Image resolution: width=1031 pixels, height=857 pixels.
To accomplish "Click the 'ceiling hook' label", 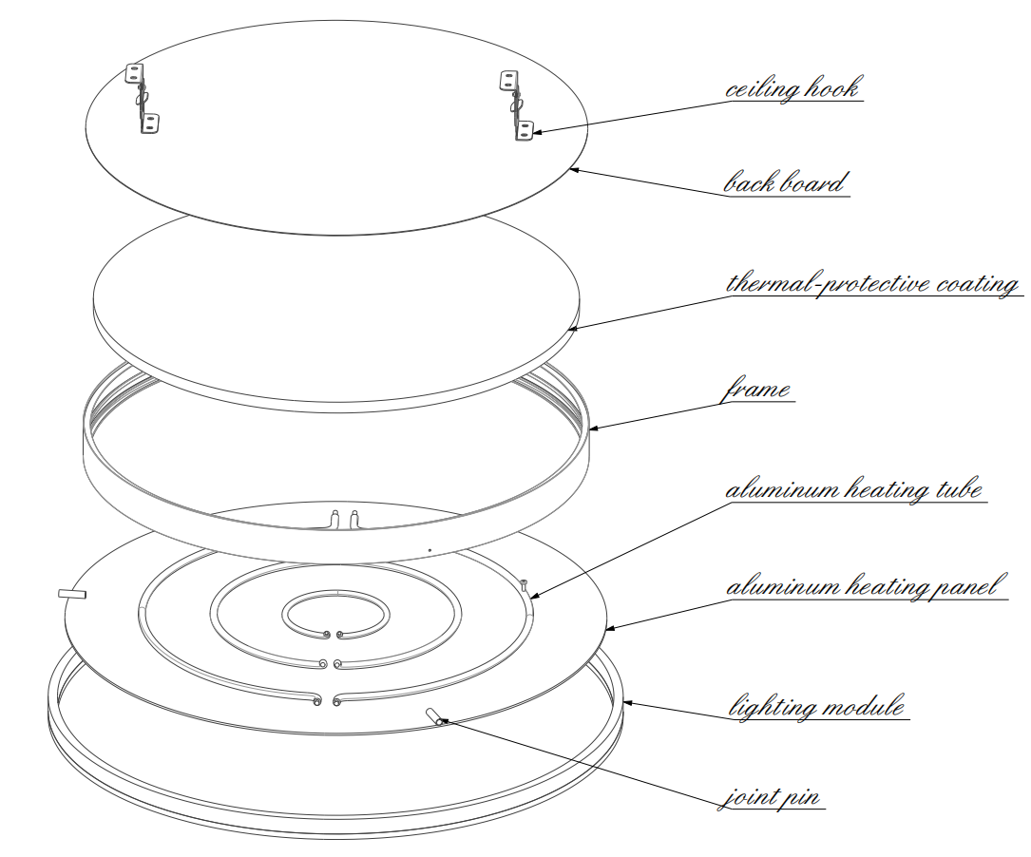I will (x=792, y=89).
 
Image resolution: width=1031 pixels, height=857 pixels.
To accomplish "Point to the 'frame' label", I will (x=757, y=390).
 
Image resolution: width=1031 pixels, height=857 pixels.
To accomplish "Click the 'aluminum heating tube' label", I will (x=853, y=490).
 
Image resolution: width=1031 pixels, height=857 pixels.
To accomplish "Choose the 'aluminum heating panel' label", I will (x=863, y=587).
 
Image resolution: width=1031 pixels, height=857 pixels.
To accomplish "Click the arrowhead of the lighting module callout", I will (x=627, y=703).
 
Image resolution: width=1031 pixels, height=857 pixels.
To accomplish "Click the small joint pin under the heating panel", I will (x=434, y=715).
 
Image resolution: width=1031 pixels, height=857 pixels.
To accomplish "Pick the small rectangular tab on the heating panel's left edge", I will (x=72, y=594).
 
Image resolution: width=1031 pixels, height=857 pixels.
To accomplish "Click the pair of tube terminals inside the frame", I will (x=343, y=519).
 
